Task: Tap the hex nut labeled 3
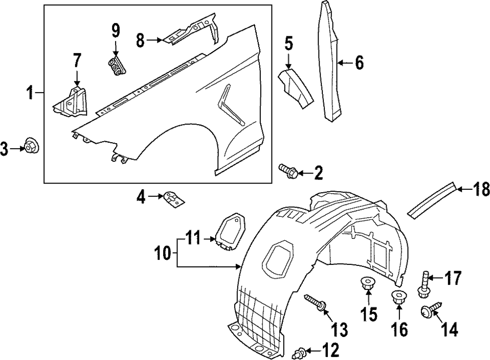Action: click(x=32, y=146)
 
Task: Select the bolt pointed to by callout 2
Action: click(x=287, y=170)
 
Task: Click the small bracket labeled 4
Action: click(x=174, y=199)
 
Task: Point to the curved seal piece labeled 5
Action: click(x=295, y=88)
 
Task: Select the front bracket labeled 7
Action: click(x=71, y=103)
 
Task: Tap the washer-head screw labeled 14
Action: click(x=428, y=309)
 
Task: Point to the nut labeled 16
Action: click(x=398, y=297)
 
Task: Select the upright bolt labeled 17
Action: click(x=423, y=284)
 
